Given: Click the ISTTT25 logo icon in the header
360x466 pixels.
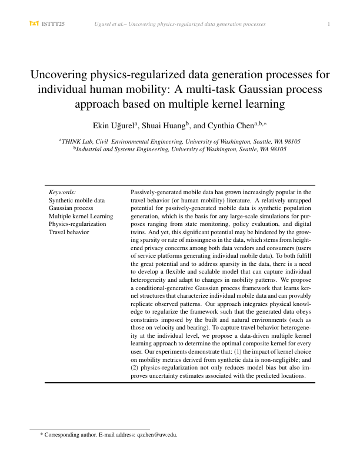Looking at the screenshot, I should pyautogui.click(x=34, y=24).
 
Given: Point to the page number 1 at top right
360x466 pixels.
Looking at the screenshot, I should pyautogui.click(x=328, y=24).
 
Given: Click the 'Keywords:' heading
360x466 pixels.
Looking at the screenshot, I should pyautogui.click(x=63, y=192).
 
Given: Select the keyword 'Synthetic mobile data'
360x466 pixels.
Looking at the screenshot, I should pyautogui.click(x=77, y=201).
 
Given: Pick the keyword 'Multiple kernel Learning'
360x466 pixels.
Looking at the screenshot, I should pyautogui.click(x=81, y=217).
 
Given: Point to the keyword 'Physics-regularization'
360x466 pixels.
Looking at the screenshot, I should pyautogui.click(x=78, y=224).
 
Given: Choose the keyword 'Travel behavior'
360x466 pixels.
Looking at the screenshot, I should pyautogui.click(x=69, y=232).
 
